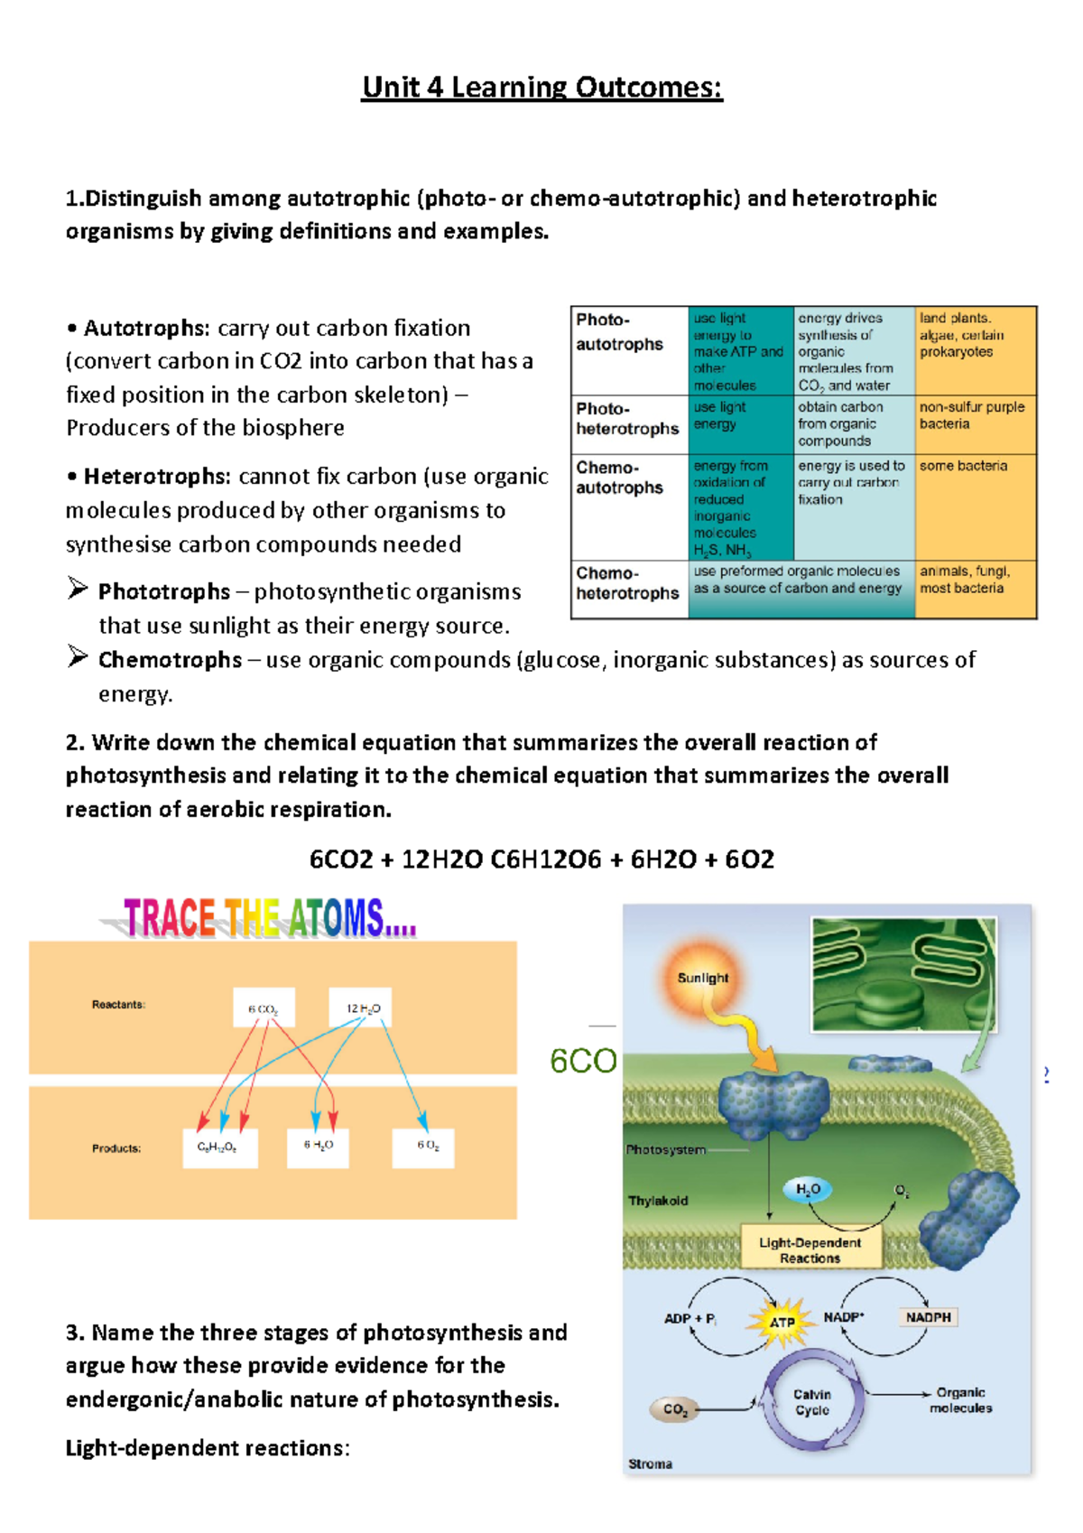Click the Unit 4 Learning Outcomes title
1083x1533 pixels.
click(541, 88)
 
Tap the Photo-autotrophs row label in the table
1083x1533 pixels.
click(620, 332)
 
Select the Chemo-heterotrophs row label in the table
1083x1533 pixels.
click(627, 583)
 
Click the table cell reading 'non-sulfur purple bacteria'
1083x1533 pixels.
click(972, 415)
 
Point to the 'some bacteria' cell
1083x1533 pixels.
click(963, 466)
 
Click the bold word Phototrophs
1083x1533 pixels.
click(163, 591)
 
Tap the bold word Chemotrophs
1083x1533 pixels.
click(170, 660)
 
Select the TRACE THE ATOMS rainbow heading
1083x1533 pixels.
click(269, 918)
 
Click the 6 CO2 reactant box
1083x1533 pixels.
click(264, 1008)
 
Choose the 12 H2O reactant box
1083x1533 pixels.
click(361, 1008)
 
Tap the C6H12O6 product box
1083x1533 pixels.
click(219, 1147)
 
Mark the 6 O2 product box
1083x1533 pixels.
click(423, 1147)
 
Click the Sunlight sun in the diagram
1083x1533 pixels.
click(702, 978)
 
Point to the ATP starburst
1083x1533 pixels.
click(782, 1322)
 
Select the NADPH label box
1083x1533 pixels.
click(928, 1317)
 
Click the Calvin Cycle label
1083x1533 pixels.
click(811, 1401)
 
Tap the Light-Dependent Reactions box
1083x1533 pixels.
click(810, 1250)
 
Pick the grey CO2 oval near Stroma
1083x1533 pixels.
click(675, 1409)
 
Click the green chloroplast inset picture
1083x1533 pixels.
click(903, 973)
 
